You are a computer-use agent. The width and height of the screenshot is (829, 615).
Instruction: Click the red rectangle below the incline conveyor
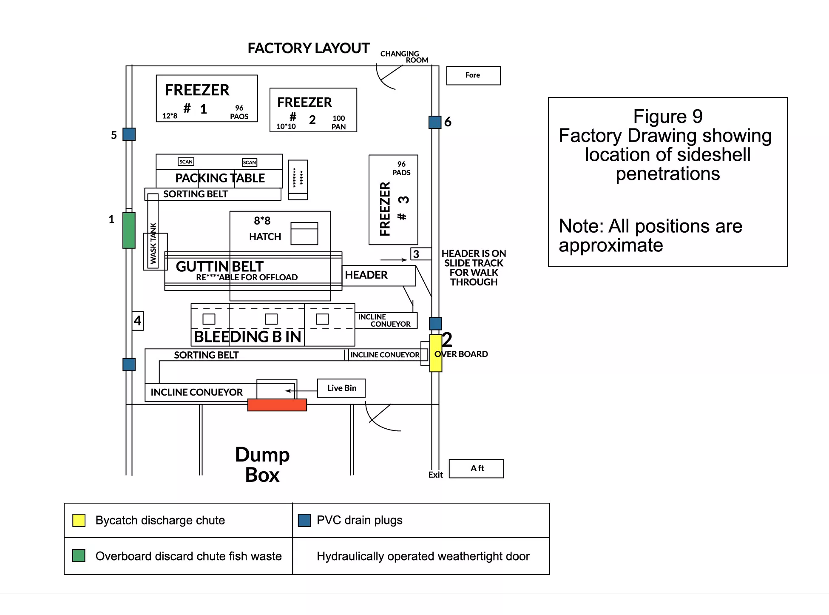[x=277, y=405]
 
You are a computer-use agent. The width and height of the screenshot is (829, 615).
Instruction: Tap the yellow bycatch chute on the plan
[x=436, y=353]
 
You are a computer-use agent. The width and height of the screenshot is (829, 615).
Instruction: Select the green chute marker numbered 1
[x=129, y=230]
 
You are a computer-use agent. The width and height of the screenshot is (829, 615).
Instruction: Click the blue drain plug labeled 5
[x=129, y=134]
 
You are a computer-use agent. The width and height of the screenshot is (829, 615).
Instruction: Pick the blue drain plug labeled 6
[x=435, y=122]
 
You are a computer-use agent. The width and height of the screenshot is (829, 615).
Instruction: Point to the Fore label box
[x=473, y=76]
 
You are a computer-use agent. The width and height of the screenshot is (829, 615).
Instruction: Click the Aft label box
[x=476, y=468]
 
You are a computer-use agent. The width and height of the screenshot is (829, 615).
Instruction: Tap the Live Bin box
[x=341, y=388]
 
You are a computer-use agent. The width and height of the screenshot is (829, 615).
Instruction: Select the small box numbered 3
[x=416, y=254]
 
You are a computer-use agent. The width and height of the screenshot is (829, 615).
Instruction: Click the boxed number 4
[x=137, y=321]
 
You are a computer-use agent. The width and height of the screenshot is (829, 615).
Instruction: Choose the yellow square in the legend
[x=79, y=520]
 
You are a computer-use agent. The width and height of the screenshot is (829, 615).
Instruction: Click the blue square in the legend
[x=304, y=520]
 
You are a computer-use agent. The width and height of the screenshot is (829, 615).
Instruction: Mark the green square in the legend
[x=79, y=555]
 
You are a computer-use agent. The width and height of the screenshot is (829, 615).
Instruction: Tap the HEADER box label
[x=366, y=275]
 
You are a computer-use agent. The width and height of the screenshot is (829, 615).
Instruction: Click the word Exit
[x=435, y=475]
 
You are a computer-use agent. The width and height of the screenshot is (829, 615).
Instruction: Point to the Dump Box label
[x=262, y=464]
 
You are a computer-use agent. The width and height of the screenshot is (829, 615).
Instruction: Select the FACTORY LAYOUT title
[x=309, y=48]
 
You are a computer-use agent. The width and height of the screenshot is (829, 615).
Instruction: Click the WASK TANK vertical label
[x=153, y=243]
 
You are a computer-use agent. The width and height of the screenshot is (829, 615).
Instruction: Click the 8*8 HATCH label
[x=264, y=228]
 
